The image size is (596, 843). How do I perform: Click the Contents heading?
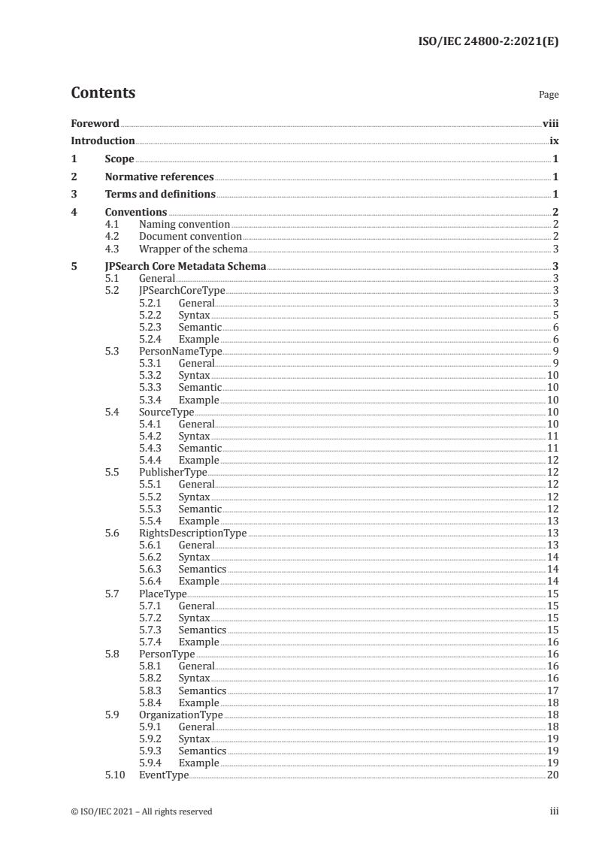click(x=103, y=93)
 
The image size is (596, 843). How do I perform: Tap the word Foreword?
click(x=95, y=123)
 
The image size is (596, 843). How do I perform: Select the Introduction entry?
click(x=102, y=140)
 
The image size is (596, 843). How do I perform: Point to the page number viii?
click(x=550, y=123)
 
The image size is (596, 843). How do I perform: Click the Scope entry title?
click(x=120, y=159)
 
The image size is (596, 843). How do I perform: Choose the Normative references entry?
click(x=159, y=177)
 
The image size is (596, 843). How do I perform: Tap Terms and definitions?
click(x=160, y=195)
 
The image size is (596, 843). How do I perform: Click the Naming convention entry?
click(x=184, y=225)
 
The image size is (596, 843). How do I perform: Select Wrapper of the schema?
click(x=193, y=249)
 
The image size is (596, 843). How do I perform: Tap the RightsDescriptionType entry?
click(x=193, y=533)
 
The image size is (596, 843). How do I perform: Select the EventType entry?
click(x=164, y=775)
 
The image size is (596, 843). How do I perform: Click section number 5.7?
click(x=112, y=594)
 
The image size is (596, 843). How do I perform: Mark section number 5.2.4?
click(x=152, y=340)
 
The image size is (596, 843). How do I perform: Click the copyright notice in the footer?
click(x=142, y=811)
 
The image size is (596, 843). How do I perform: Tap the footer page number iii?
click(x=554, y=811)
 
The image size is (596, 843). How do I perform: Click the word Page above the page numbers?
click(x=549, y=95)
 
